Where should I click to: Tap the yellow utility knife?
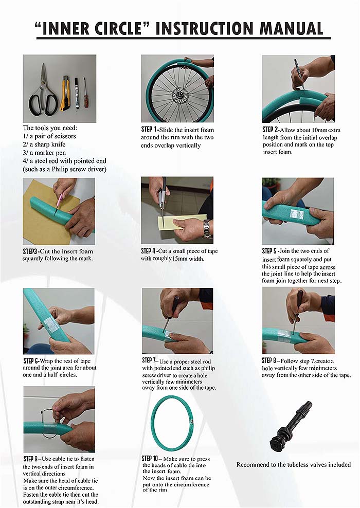point(65,93)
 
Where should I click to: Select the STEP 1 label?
point(149,130)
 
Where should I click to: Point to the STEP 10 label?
point(150,459)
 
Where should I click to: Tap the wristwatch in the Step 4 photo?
point(206,228)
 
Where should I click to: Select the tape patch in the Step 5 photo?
point(297,215)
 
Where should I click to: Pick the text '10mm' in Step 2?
point(319,130)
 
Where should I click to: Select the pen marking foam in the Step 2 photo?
point(299,73)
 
